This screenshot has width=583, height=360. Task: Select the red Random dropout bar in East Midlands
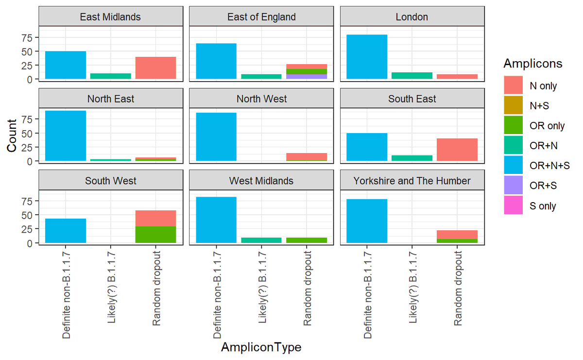pos(155,68)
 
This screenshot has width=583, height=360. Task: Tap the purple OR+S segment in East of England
pos(307,76)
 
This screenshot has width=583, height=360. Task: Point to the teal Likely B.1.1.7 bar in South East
pos(412,158)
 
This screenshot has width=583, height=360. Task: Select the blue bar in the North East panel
pos(66,136)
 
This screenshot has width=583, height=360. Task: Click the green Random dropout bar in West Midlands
pos(307,240)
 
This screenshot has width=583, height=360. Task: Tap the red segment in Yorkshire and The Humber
pos(457,234)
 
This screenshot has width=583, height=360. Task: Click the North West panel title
pos(261,99)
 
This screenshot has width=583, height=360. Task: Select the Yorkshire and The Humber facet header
pos(412,181)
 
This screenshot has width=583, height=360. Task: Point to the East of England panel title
pos(261,17)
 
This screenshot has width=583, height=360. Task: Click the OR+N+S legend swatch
pos(514,166)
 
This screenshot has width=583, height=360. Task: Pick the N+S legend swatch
pos(514,106)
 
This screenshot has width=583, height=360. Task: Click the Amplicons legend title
pos(533,64)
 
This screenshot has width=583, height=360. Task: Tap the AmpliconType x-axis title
pos(261,347)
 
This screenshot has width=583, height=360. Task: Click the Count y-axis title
pos(12,136)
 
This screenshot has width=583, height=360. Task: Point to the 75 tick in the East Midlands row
pos(30,37)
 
